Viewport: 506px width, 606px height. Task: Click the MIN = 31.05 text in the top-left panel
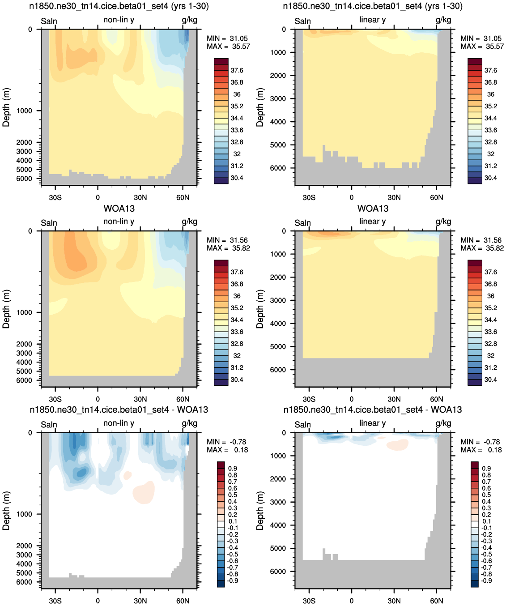[227, 38]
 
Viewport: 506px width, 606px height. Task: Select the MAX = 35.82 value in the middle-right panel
[482, 248]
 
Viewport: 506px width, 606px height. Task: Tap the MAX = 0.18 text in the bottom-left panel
[227, 450]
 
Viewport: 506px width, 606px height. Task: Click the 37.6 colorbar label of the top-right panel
[491, 70]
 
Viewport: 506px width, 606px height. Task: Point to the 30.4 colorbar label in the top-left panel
[237, 178]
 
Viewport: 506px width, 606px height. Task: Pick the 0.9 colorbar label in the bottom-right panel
[486, 469]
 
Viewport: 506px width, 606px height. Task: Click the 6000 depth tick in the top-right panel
[278, 168]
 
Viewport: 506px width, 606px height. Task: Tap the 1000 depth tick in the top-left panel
[24, 111]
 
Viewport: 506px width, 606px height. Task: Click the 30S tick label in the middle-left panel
[55, 399]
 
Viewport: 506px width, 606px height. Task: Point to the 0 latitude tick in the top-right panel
[352, 198]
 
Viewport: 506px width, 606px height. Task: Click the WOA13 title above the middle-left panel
[119, 209]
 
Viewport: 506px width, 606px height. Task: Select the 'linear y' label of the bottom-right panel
[373, 423]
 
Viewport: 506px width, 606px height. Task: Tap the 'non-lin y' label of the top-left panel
[119, 20]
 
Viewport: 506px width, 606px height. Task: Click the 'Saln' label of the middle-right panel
[302, 223]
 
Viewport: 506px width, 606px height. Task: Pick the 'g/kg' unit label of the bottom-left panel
[189, 424]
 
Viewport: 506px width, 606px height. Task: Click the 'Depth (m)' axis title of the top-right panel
[259, 107]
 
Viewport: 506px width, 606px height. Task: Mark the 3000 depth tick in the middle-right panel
[278, 300]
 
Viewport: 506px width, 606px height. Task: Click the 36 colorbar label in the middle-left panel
[237, 296]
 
